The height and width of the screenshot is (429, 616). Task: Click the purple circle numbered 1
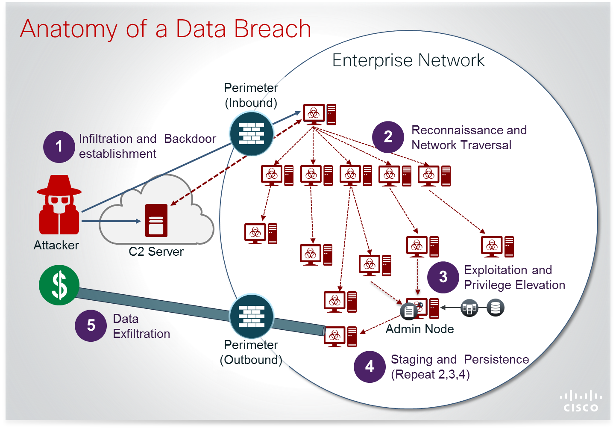click(x=59, y=147)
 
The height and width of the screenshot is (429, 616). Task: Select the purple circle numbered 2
click(x=388, y=137)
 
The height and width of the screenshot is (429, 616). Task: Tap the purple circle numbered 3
click(x=443, y=277)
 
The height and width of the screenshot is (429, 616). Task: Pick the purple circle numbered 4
click(x=370, y=367)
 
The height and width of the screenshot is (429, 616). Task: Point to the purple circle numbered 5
click(x=91, y=325)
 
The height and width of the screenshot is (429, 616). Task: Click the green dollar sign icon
click(x=59, y=285)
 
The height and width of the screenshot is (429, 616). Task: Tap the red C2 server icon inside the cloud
click(x=156, y=220)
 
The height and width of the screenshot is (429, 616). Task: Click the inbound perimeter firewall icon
click(x=251, y=133)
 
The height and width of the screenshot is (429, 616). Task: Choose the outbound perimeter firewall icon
click(x=251, y=316)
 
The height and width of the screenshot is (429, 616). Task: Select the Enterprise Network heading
click(x=408, y=60)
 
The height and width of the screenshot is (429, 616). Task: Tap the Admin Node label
click(x=419, y=329)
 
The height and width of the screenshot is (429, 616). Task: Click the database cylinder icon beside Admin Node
click(x=496, y=308)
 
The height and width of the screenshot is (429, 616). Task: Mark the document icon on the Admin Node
click(x=408, y=311)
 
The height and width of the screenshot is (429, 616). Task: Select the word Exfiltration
click(x=141, y=334)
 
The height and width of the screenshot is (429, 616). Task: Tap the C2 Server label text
click(x=156, y=251)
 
